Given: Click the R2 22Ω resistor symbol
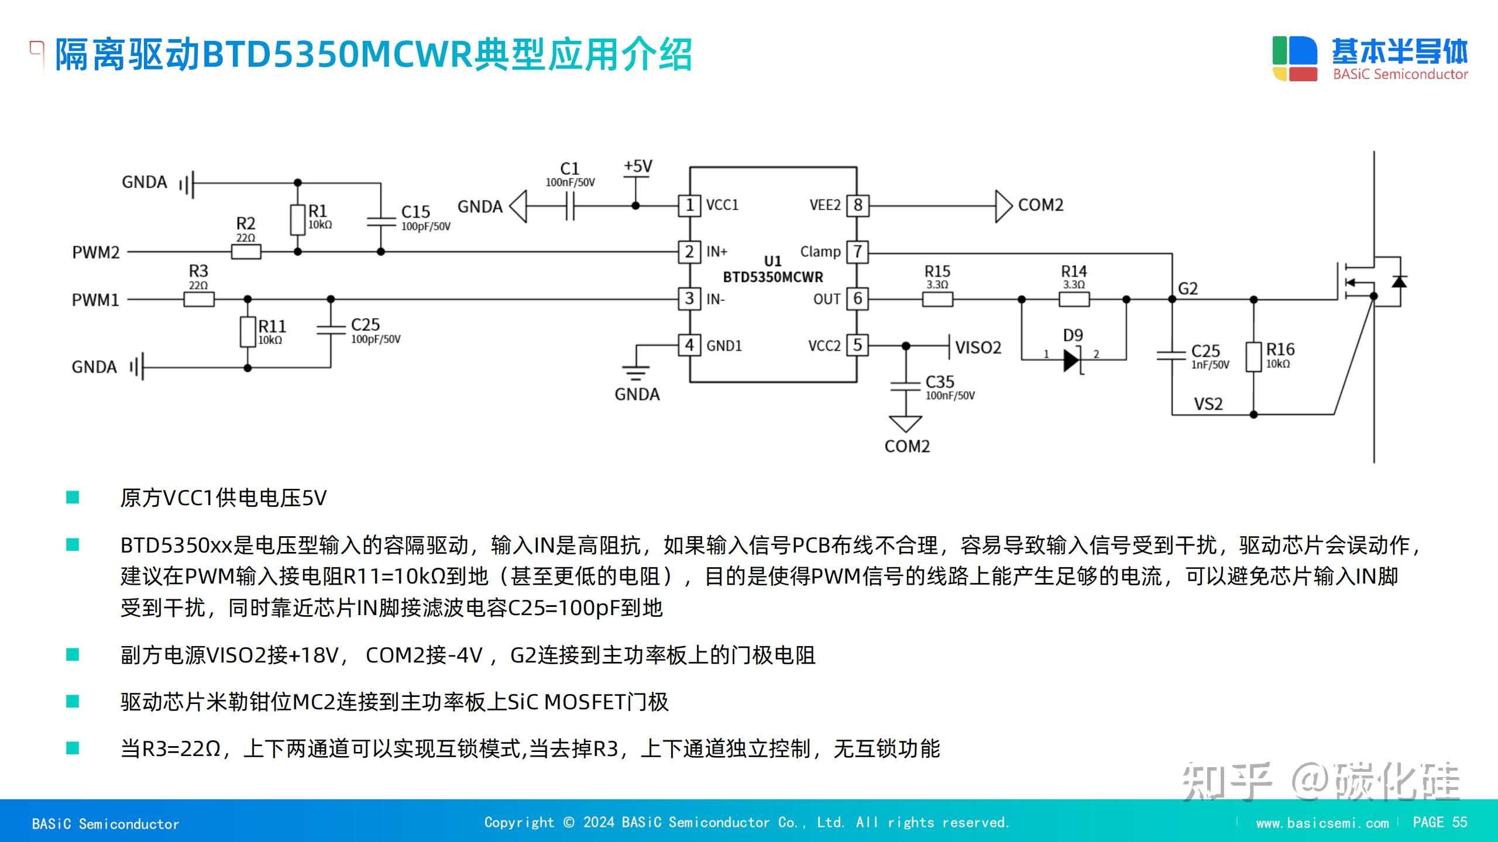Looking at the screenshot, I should coord(246,252).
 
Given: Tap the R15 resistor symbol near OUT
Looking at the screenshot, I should coord(937,299).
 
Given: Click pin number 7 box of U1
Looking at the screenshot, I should coord(857,252).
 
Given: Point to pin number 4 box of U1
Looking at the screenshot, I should coord(689,346).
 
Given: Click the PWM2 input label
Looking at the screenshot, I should coord(95,253).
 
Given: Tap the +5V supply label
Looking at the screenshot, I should coord(637,167).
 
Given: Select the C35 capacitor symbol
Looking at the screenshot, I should coord(905,386).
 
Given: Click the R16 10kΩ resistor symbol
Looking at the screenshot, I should coord(1253,357).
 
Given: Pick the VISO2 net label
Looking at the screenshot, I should coord(978,348).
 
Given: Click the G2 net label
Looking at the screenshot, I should coord(1187,288).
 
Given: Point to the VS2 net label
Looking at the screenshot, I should coord(1208,404).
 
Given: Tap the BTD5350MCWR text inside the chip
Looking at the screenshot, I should coord(772,277).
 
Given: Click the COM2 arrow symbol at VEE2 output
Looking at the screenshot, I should coord(1003,206).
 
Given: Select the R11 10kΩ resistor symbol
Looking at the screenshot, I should coord(248,332).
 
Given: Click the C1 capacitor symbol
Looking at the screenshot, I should coord(570,206).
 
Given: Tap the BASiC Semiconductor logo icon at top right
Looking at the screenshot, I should coord(1294,58).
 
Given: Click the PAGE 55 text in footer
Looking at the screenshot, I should coord(1439,822).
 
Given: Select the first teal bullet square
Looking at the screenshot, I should coord(73,498).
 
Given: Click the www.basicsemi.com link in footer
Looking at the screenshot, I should coord(1322,823).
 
